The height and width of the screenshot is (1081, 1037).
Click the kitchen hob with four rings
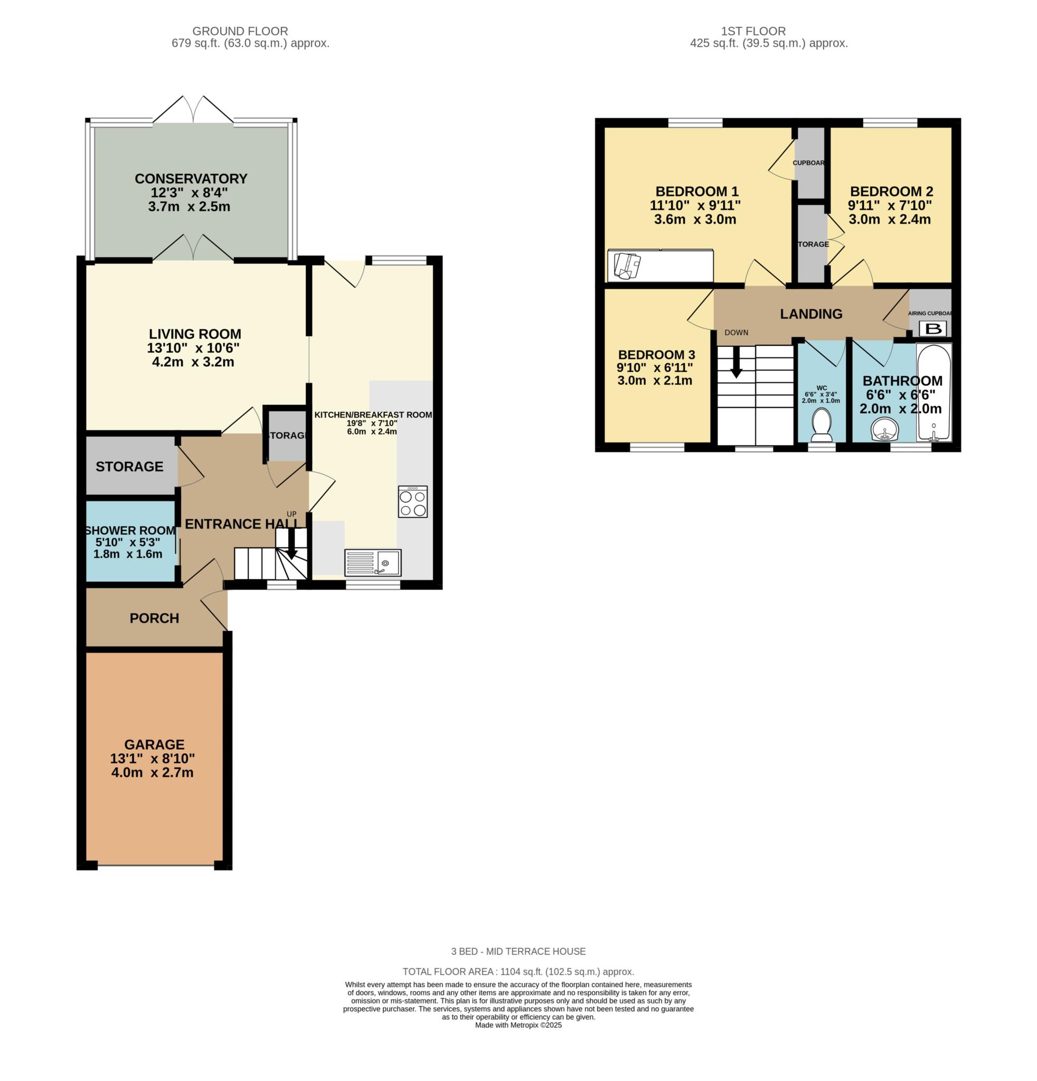pyautogui.click(x=412, y=501)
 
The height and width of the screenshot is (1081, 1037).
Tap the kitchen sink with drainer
pyautogui.click(x=373, y=563)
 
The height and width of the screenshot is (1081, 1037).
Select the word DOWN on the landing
pyautogui.click(x=736, y=333)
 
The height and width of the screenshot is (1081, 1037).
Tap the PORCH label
pyautogui.click(x=154, y=618)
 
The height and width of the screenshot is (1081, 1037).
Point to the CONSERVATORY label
pyautogui.click(x=191, y=179)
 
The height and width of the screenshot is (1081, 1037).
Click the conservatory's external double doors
pyautogui.click(x=193, y=109)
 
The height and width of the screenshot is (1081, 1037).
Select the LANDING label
pyautogui.click(x=810, y=314)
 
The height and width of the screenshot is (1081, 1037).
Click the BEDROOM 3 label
pyautogui.click(x=656, y=355)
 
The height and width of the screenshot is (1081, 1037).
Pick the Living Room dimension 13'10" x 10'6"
pyautogui.click(x=193, y=348)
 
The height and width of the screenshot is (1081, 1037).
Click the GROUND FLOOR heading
pyautogui.click(x=240, y=32)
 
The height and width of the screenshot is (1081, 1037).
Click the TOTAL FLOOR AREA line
pyautogui.click(x=518, y=972)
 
